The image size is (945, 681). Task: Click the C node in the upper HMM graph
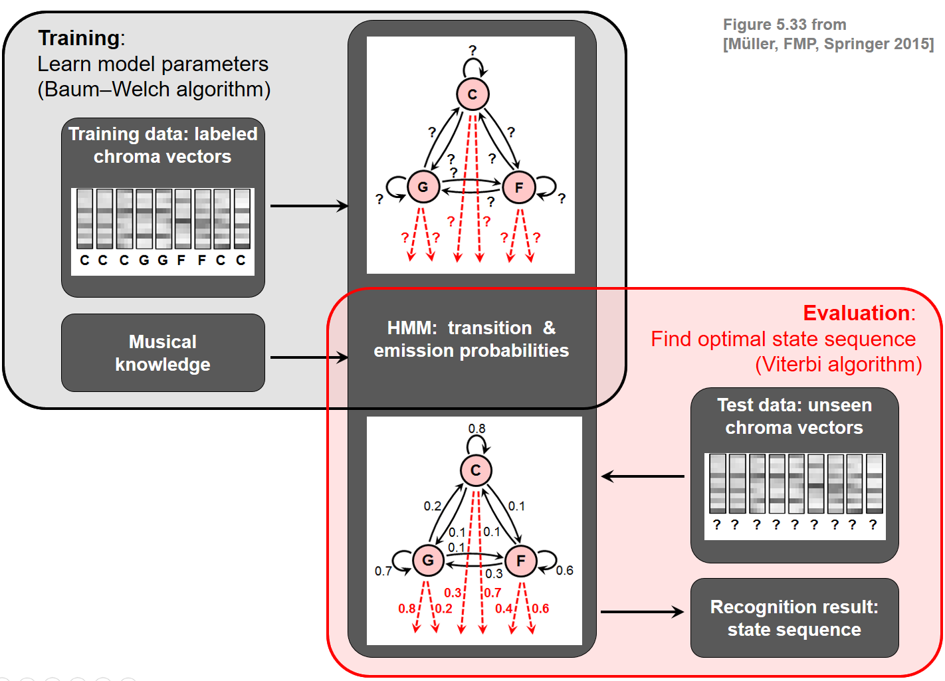click(x=472, y=94)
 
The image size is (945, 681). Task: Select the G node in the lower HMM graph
click(x=428, y=560)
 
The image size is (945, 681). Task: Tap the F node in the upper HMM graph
click(x=519, y=187)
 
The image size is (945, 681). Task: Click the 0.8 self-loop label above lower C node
click(x=476, y=429)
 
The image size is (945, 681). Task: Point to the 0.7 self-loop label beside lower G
click(x=383, y=571)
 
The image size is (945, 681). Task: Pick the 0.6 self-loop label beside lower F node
click(x=564, y=570)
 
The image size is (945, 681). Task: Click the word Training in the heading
click(x=79, y=38)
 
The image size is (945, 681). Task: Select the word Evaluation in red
click(x=857, y=313)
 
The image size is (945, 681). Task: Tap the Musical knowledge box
click(x=163, y=353)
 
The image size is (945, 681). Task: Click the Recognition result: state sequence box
click(x=794, y=618)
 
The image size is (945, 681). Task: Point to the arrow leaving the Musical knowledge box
click(x=309, y=357)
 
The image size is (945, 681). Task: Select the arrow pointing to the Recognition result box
click(x=642, y=612)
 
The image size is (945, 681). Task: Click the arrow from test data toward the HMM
click(x=643, y=476)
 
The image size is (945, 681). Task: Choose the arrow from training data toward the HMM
click(x=309, y=206)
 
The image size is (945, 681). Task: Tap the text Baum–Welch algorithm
click(x=154, y=89)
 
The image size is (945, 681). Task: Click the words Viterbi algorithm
click(x=838, y=364)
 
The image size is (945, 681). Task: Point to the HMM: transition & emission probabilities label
click(x=471, y=339)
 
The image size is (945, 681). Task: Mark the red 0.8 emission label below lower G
click(x=407, y=608)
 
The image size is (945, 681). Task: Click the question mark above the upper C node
click(x=472, y=50)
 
